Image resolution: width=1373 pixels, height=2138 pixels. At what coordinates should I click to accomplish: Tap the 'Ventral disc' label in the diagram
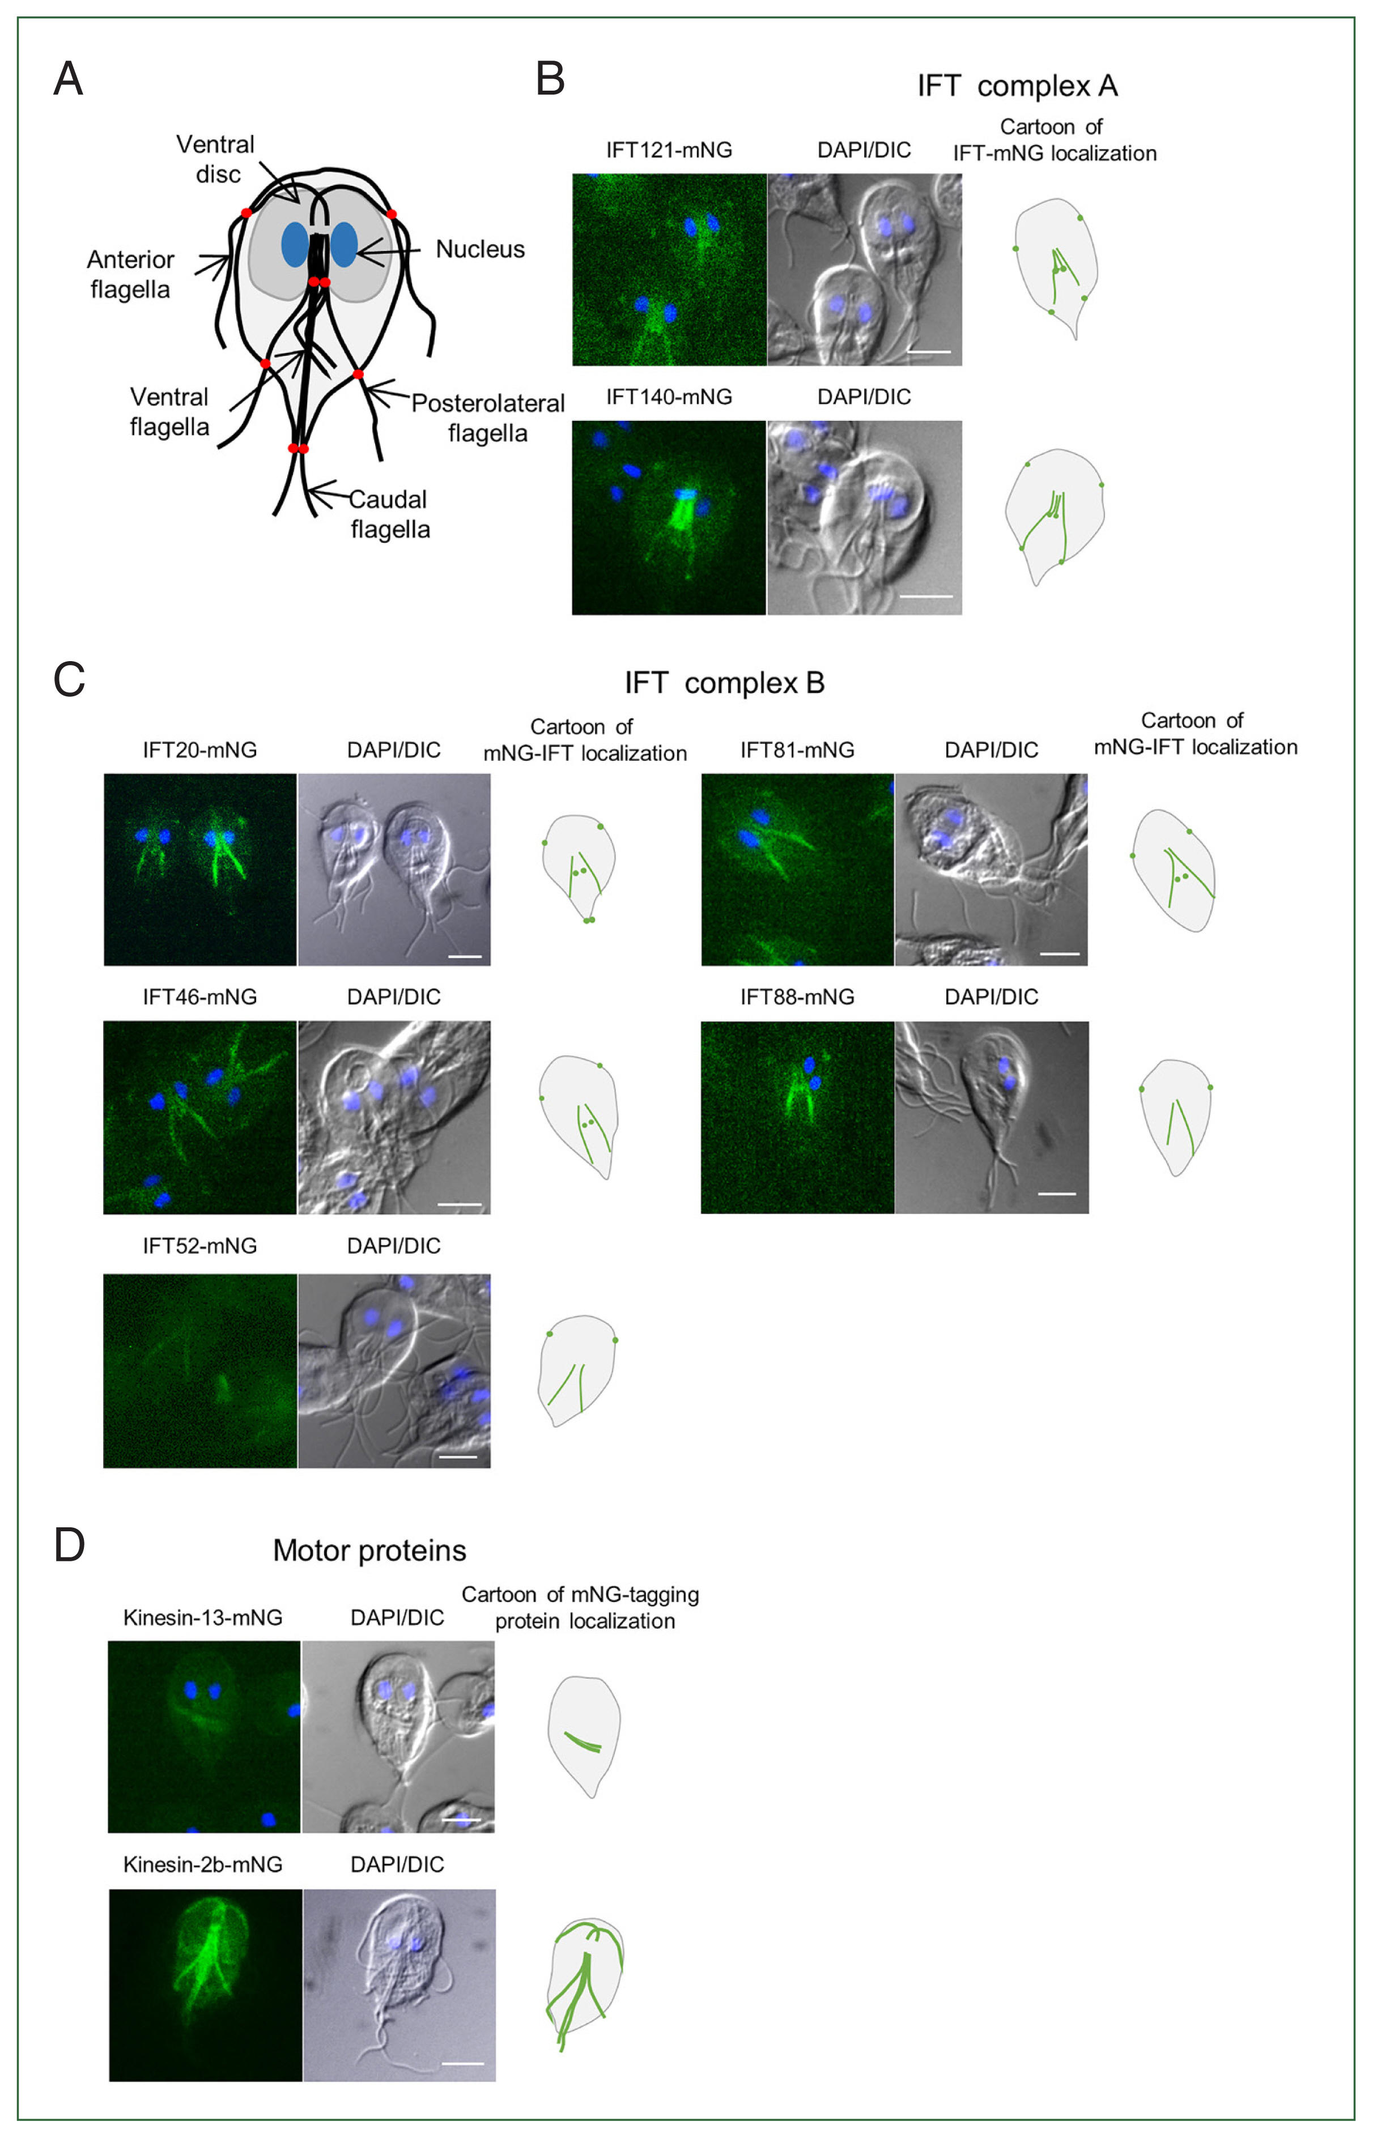point(216,159)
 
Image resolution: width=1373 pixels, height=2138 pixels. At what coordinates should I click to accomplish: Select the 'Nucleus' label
point(479,249)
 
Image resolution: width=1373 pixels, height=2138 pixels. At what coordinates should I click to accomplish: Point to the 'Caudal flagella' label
point(390,514)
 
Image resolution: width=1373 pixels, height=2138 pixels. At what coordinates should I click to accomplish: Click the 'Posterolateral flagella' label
point(488,418)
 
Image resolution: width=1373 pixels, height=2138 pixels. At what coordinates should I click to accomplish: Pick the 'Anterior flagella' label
point(130,275)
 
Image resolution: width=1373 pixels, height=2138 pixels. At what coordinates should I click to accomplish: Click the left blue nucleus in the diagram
point(295,245)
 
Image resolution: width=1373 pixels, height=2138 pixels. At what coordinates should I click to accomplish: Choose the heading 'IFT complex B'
point(724,684)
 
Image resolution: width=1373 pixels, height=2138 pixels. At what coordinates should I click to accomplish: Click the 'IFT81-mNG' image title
point(797,751)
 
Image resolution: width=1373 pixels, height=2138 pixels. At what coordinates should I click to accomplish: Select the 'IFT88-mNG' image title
point(797,997)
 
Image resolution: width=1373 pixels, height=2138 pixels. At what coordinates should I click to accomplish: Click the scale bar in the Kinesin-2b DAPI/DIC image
point(463,2063)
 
